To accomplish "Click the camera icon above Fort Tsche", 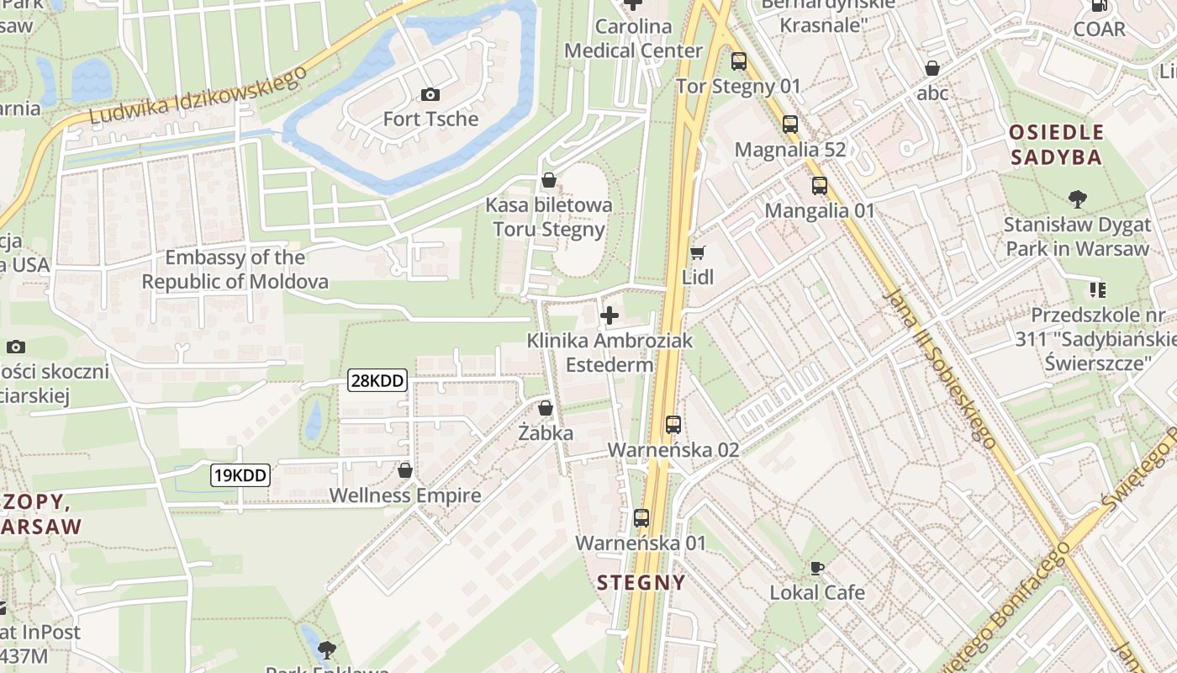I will point(430,94).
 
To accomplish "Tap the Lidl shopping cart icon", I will point(697,252).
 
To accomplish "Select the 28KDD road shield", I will point(377,381).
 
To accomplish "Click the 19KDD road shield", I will point(240,475).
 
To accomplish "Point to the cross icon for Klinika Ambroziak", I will point(610,316).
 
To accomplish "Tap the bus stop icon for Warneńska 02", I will point(673,425).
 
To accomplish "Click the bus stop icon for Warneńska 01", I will point(641,518).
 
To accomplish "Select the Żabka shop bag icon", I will point(546,409).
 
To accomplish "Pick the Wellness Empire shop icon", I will point(405,470).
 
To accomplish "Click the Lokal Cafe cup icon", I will point(816,568).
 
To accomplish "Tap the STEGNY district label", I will point(641,582).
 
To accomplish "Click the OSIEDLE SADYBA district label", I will point(1056,145).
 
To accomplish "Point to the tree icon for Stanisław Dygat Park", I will point(1077,199).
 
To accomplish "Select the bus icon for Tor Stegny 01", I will point(738,61).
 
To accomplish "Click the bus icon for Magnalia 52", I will point(790,125).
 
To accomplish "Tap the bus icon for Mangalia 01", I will point(819,186).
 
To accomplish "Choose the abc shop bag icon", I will point(932,69).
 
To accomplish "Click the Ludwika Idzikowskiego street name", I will point(198,95).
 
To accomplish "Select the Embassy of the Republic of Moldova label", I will point(235,269).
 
